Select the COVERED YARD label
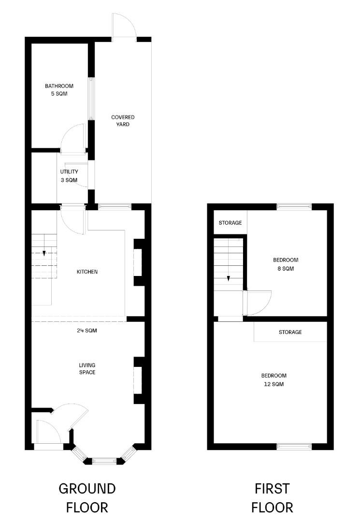123,120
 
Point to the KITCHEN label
87,272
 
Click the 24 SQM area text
87,331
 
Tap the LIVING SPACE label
87,369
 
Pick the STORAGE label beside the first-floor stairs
230,223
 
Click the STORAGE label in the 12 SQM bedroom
290,332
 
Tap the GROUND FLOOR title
87,497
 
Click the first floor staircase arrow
228,277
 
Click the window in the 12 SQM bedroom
294,447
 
